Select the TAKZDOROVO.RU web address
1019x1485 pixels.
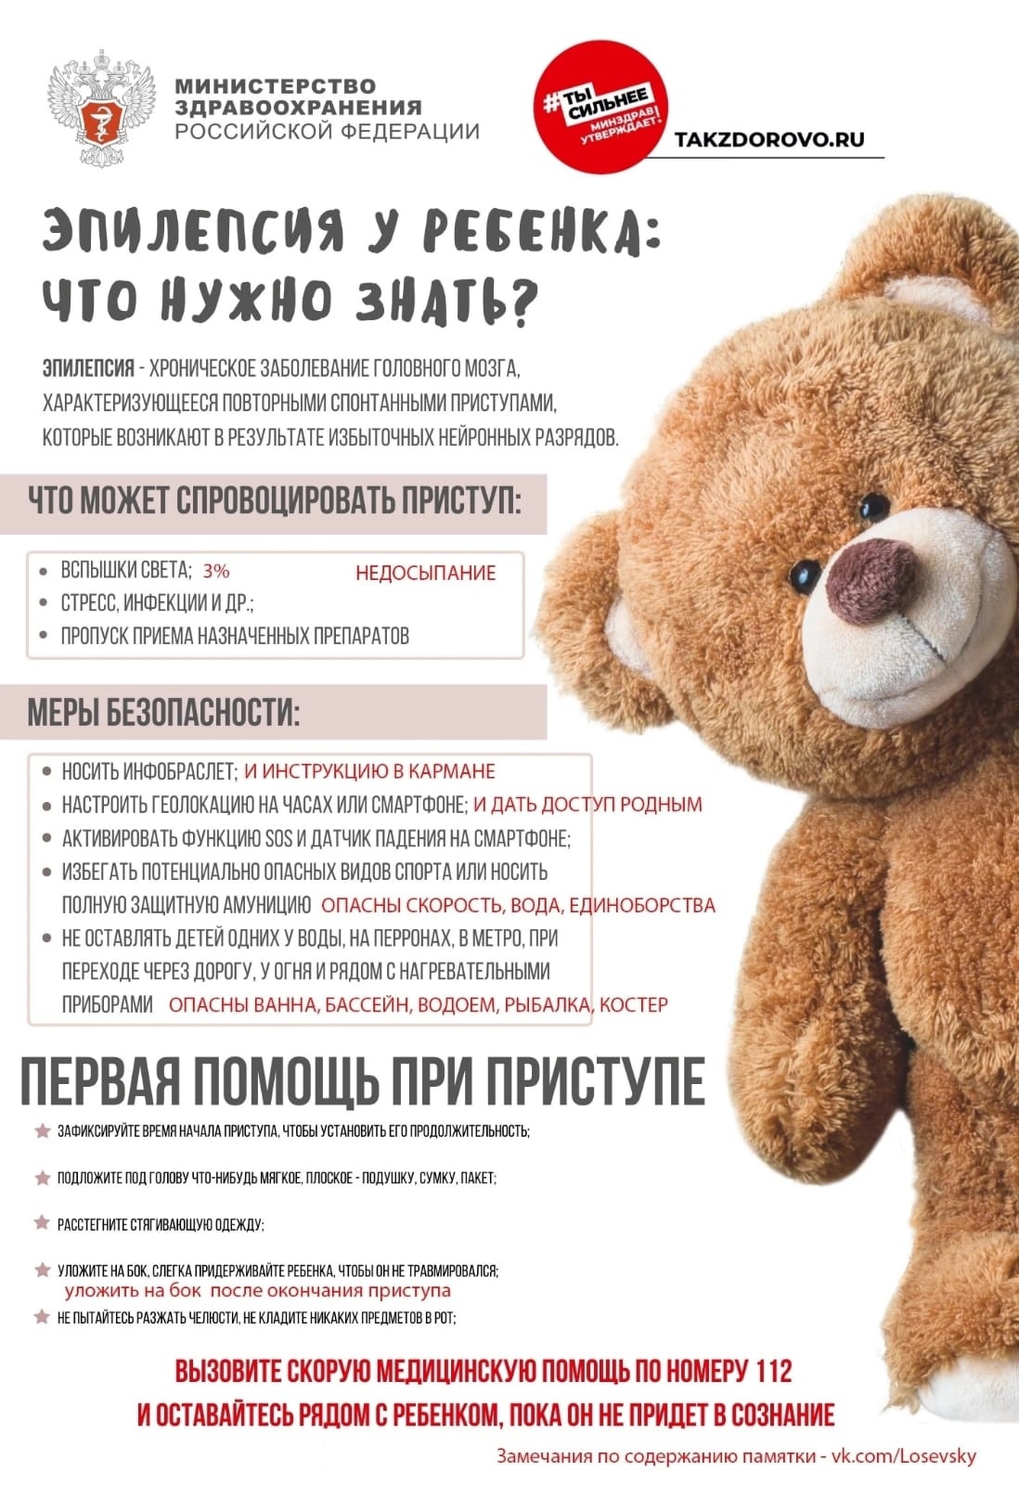pyautogui.click(x=768, y=140)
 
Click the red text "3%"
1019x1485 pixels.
pyautogui.click(x=216, y=570)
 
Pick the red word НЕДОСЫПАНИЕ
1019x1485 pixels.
pyautogui.click(x=425, y=573)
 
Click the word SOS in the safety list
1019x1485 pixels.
pyautogui.click(x=278, y=838)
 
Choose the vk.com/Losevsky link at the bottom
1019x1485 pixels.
pyautogui.click(x=903, y=1456)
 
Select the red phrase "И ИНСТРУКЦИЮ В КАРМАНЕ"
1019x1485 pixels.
pyautogui.click(x=369, y=771)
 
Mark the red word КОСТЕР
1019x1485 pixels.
pyautogui.click(x=634, y=1004)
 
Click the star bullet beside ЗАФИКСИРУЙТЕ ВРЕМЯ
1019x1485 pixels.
pyautogui.click(x=42, y=1131)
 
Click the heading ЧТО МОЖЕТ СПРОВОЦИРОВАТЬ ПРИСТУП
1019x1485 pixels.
pyautogui.click(x=275, y=502)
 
